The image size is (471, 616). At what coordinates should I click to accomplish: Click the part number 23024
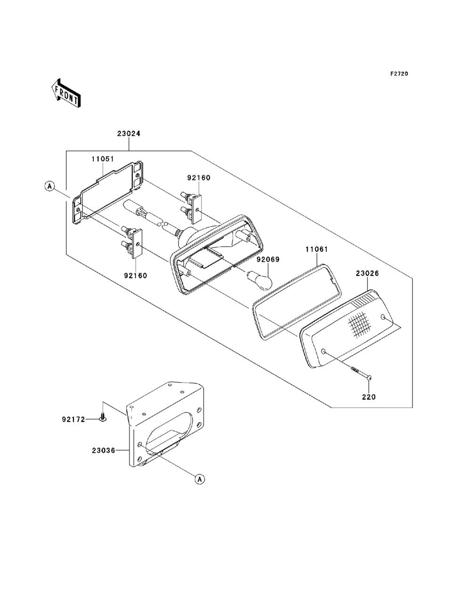[129, 134]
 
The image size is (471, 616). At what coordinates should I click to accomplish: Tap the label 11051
[103, 159]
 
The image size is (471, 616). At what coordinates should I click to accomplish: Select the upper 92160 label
[199, 177]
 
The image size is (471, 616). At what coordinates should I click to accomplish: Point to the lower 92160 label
[136, 276]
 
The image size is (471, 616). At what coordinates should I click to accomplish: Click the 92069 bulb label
[268, 260]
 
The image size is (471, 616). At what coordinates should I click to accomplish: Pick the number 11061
[317, 249]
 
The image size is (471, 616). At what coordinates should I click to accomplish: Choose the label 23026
[367, 273]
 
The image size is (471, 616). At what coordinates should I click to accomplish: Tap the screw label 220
[369, 397]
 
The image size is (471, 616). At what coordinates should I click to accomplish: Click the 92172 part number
[73, 419]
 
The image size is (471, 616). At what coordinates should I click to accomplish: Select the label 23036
[104, 450]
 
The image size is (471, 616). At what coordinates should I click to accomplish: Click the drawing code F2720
[399, 74]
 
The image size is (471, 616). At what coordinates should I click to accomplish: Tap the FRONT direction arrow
[66, 93]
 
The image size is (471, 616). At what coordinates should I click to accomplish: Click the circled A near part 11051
[50, 186]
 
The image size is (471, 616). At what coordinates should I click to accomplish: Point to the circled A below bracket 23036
[200, 480]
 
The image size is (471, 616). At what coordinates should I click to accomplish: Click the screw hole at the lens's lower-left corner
[323, 352]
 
